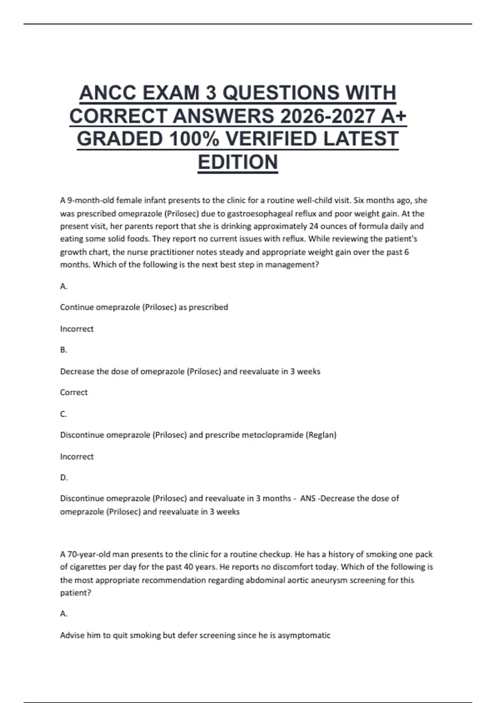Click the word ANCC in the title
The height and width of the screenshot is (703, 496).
click(x=107, y=93)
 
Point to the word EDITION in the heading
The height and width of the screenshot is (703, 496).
click(x=238, y=162)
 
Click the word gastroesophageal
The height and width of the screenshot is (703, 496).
click(x=257, y=214)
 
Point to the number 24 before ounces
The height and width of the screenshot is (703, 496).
click(x=314, y=226)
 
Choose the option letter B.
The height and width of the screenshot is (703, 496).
click(x=63, y=350)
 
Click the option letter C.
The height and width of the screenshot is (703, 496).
click(x=63, y=414)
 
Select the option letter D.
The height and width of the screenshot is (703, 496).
click(x=64, y=478)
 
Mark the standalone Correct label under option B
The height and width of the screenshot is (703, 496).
click(x=74, y=392)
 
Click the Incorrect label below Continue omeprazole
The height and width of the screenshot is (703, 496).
click(x=77, y=329)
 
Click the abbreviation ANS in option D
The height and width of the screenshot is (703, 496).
click(x=308, y=499)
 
